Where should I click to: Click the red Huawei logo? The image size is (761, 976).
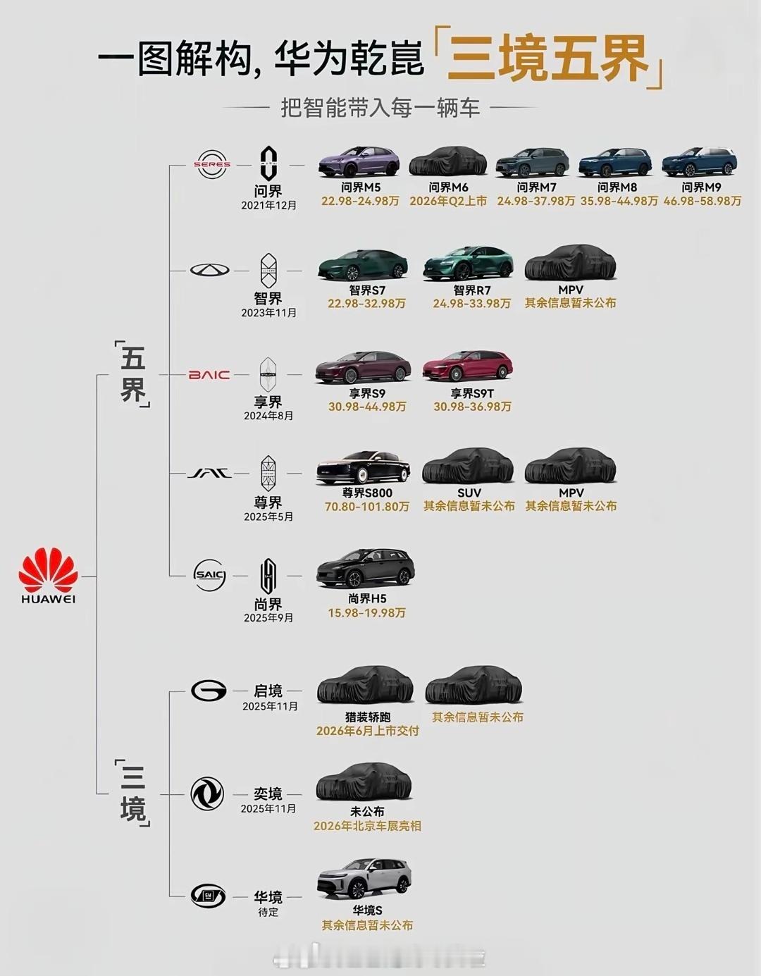coord(48,571)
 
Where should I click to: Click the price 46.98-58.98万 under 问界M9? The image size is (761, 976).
coord(702,202)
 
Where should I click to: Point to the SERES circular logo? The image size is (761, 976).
coord(212,165)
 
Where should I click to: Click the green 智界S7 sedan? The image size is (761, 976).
coord(363,265)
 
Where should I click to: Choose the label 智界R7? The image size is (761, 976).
coord(471,290)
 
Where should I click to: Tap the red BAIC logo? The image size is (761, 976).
coord(209,375)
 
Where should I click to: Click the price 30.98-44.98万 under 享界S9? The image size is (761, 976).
coord(367,407)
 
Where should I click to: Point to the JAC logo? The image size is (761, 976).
coord(209,474)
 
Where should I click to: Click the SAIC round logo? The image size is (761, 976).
coord(209,575)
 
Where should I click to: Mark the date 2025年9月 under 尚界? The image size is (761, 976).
coord(268,618)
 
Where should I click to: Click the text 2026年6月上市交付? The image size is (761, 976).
coord(367,731)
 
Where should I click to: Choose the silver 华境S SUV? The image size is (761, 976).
coord(364,878)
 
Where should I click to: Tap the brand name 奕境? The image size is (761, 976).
coord(268,794)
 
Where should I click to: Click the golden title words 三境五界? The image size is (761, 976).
coord(547,60)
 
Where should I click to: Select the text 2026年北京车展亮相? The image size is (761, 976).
coord(367,826)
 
